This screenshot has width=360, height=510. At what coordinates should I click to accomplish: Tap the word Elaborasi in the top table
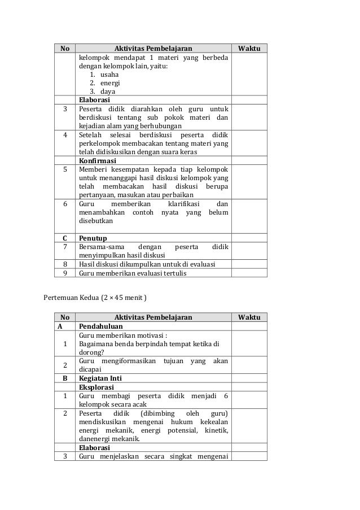click(x=95, y=100)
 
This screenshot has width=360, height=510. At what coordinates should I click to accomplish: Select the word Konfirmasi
click(x=98, y=160)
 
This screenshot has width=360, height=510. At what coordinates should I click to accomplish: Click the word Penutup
click(x=93, y=238)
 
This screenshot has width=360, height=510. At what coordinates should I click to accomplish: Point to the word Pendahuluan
click(x=102, y=326)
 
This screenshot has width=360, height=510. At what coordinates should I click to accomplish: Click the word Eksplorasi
click(x=97, y=387)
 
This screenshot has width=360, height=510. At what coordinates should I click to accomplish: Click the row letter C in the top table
click(x=65, y=238)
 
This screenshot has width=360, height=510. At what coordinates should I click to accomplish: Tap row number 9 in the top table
click(x=65, y=273)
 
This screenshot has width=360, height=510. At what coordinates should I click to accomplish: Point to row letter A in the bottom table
click(x=65, y=326)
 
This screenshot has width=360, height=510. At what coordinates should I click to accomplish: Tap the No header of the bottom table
click(x=65, y=317)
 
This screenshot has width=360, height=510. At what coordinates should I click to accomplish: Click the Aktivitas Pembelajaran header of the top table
click(x=153, y=48)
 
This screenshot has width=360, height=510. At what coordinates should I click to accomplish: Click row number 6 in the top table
click(x=65, y=204)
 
